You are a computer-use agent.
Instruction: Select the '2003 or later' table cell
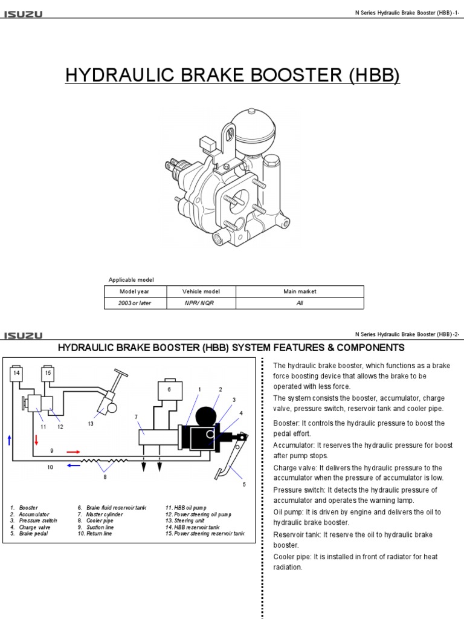tap(135, 303)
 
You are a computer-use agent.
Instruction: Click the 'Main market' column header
tap(300, 291)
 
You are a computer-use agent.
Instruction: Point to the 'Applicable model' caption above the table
tap(131, 279)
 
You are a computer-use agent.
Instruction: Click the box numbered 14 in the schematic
tap(17, 374)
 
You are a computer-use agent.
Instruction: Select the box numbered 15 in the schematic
tap(49, 374)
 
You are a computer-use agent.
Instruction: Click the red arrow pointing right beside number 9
tap(73, 451)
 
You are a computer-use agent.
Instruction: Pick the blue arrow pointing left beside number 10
tap(73, 465)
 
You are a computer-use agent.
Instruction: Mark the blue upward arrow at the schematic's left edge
tap(9, 440)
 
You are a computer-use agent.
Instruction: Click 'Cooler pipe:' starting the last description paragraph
tap(292, 557)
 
